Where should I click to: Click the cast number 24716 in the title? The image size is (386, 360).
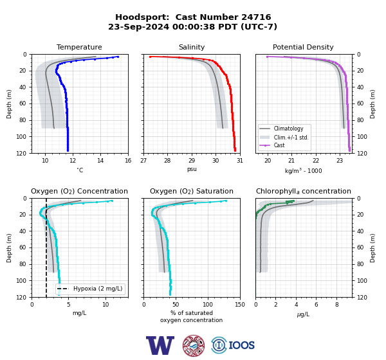coord(256,17)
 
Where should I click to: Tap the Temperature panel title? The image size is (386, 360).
coord(79,47)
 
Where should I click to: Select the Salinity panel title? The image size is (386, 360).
coord(192,47)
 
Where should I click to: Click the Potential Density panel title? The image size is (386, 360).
coord(303,47)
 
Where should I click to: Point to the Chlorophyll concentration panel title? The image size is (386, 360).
coord(303,191)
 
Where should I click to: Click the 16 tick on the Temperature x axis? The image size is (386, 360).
coord(128,161)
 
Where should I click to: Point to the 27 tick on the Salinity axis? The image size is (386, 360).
coord(143,161)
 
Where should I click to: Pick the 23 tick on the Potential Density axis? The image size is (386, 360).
coord(340,161)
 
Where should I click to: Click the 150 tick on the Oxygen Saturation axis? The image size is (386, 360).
coord(240,305)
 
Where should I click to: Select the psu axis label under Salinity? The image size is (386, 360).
coord(192,169)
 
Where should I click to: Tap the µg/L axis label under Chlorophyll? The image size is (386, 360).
coord(303,314)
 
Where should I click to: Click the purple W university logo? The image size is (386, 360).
coord(160,345)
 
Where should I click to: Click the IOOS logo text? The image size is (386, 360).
coord(241,345)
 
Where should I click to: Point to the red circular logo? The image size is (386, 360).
coord(194,345)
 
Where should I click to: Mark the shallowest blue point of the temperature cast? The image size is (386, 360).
coord(118,57)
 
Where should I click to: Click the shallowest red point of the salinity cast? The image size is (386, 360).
coord(150,57)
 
